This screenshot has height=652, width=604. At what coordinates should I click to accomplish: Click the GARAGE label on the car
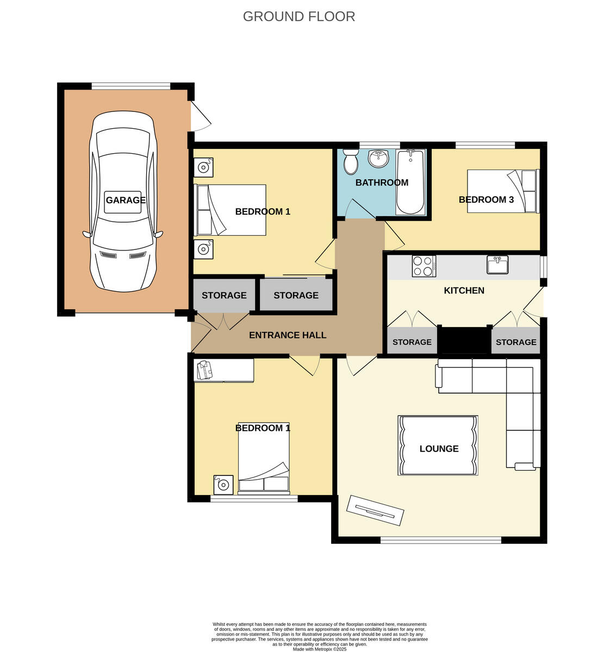126,200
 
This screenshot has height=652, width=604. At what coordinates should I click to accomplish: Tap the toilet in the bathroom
351,161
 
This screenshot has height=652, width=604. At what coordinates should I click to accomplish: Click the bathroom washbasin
378,158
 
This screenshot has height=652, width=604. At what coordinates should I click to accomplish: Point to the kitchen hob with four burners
424,266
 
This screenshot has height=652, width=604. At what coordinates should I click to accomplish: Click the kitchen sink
497,265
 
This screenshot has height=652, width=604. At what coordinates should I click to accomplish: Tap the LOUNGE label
439,449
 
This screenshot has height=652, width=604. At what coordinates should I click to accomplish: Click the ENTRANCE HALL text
288,335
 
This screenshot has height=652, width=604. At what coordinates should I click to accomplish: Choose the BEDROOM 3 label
486,199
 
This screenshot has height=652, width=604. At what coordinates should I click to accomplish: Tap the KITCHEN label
464,290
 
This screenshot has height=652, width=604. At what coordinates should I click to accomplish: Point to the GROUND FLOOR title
298,16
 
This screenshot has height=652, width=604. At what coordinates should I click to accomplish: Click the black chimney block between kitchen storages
464,341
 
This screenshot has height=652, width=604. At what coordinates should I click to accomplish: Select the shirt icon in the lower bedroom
204,369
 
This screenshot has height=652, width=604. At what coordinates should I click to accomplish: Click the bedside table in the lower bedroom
223,484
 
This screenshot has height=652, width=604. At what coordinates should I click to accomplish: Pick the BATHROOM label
382,183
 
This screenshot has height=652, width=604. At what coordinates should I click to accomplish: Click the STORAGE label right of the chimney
516,342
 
